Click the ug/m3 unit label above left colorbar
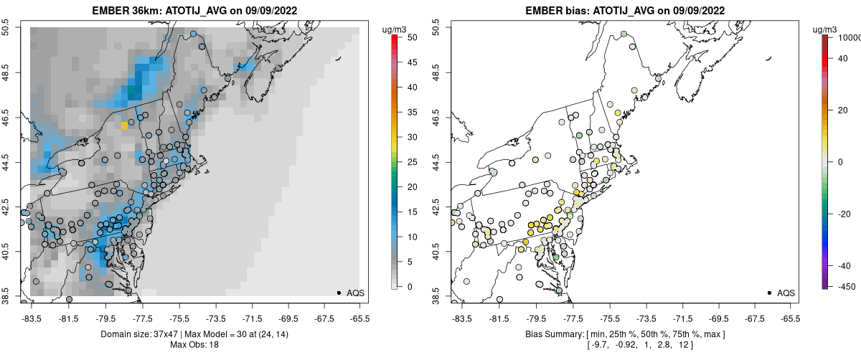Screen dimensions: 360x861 395,29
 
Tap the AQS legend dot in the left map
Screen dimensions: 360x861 339,293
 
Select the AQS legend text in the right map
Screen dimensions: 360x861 786,293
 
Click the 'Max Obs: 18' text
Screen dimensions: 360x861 194,344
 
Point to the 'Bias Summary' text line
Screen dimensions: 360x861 625,334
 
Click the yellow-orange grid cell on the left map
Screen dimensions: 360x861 124,125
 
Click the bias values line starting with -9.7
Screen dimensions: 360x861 625,345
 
